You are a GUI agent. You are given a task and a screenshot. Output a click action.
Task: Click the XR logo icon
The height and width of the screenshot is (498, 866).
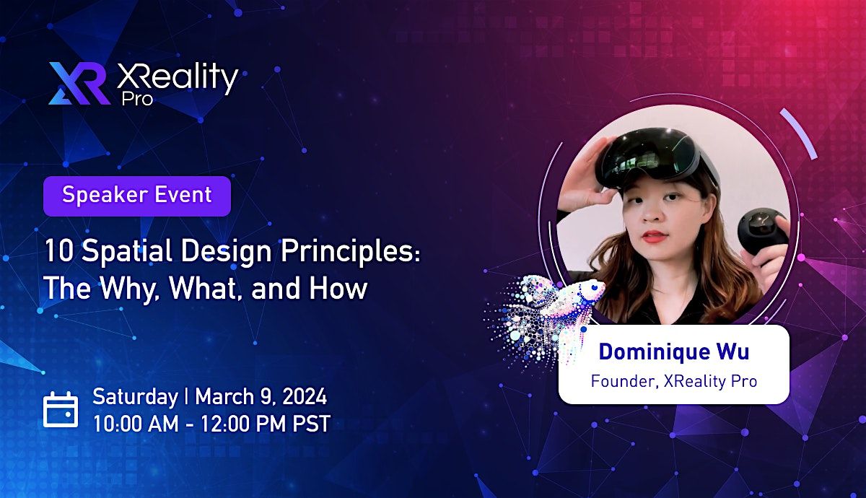tap(80, 83)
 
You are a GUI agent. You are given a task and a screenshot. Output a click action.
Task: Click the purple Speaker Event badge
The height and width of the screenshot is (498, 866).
tap(136, 196)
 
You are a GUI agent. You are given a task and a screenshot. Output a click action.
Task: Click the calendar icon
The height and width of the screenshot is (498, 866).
tap(61, 409)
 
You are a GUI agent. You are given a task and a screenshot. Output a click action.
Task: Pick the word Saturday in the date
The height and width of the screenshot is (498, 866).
tap(135, 396)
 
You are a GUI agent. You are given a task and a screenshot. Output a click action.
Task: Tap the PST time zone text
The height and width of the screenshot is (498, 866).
tap(310, 423)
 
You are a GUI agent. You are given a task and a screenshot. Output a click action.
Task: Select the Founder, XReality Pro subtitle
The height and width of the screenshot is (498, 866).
tap(673, 380)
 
